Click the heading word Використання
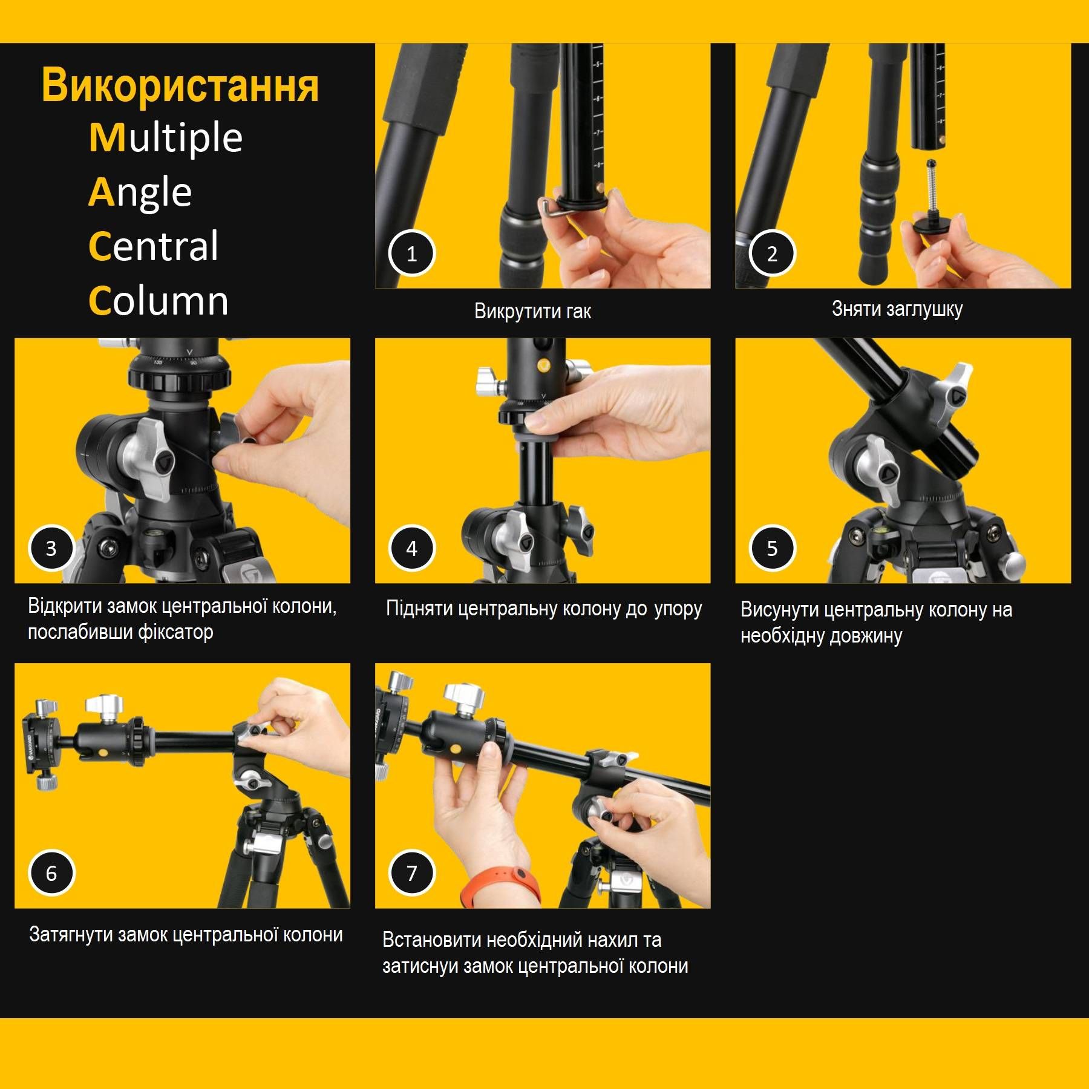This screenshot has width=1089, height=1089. (180, 86)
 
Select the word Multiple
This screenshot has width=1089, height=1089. (166, 138)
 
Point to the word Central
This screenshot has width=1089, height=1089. (154, 246)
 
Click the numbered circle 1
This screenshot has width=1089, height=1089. (411, 253)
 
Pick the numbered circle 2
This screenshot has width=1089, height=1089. (772, 253)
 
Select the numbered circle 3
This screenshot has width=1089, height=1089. (51, 548)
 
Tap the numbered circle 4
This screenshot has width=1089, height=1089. (411, 548)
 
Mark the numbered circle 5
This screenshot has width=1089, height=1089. (772, 548)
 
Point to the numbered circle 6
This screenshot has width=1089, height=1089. (51, 873)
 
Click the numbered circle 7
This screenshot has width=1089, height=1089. (411, 873)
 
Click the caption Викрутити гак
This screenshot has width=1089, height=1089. (532, 311)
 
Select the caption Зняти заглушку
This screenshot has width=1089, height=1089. (897, 309)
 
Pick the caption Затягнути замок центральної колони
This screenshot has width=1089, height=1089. (186, 935)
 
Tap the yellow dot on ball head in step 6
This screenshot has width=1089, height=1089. (103, 753)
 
